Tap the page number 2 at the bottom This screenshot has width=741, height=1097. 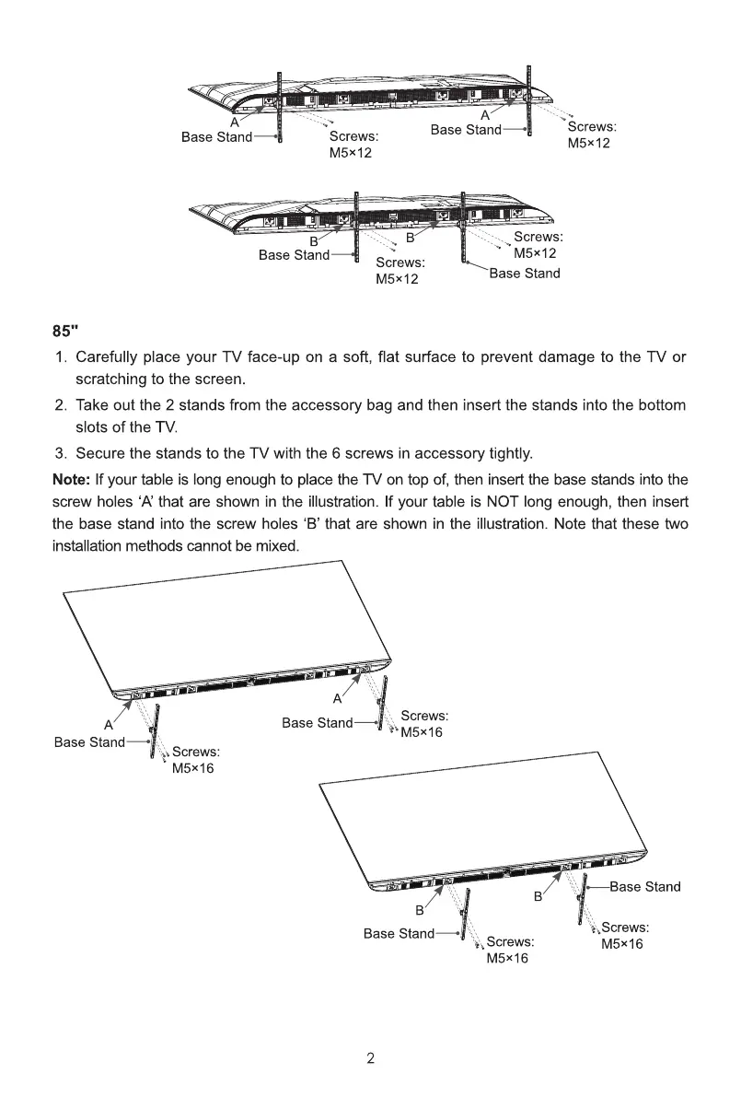click(x=370, y=1057)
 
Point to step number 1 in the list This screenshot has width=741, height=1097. click(x=60, y=356)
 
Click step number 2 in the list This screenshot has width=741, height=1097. click(x=60, y=405)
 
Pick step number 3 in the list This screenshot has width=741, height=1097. click(x=60, y=453)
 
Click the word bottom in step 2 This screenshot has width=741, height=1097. click(x=663, y=405)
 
